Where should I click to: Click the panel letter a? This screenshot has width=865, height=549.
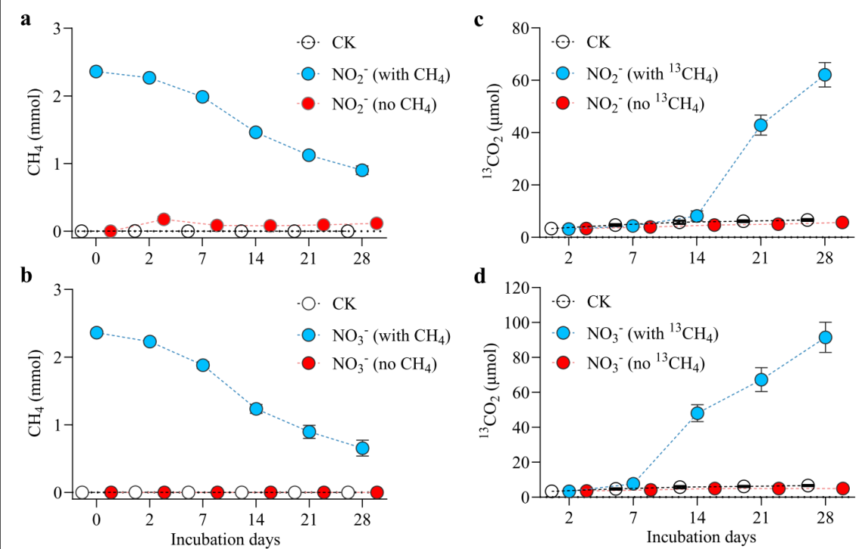26,20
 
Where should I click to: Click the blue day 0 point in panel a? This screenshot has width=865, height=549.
96,71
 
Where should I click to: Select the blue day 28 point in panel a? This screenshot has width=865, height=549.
362,170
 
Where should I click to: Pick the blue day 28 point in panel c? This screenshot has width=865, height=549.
824,74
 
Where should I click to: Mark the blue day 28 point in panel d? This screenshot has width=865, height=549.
824,337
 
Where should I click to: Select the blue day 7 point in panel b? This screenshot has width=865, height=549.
202,365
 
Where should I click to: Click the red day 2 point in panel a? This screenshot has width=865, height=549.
164,219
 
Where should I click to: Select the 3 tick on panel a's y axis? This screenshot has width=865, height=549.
67,29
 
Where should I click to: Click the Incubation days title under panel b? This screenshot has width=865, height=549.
226,539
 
